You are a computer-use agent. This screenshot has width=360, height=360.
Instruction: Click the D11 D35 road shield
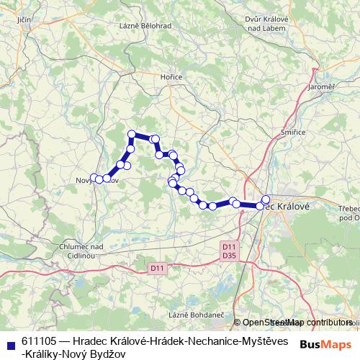[230, 251]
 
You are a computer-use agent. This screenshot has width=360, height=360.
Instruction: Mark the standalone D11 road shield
[158, 269]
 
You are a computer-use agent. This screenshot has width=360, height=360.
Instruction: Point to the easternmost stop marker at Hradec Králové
[266, 199]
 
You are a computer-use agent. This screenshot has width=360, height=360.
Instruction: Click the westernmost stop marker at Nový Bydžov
[94, 178]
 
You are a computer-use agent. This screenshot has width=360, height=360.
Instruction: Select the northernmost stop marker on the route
[132, 134]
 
